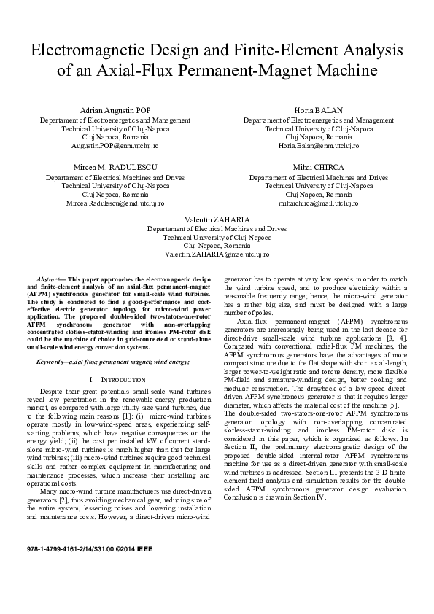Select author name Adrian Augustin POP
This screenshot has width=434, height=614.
(x=115, y=110)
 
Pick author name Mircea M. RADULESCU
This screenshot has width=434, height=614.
(x=115, y=168)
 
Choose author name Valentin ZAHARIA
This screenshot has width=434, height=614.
(x=217, y=219)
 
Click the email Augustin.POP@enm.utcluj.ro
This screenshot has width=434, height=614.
(x=115, y=145)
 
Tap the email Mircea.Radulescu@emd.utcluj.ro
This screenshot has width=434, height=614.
(x=115, y=203)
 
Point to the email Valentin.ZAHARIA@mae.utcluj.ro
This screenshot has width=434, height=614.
(x=217, y=254)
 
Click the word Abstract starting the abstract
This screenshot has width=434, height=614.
(x=48, y=279)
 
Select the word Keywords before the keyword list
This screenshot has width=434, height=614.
(x=53, y=362)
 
